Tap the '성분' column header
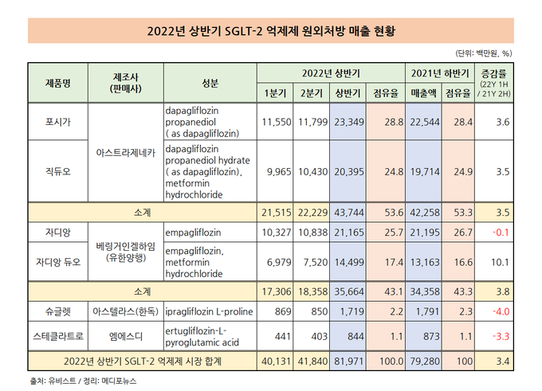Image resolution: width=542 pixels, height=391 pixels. pos(210,83)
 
